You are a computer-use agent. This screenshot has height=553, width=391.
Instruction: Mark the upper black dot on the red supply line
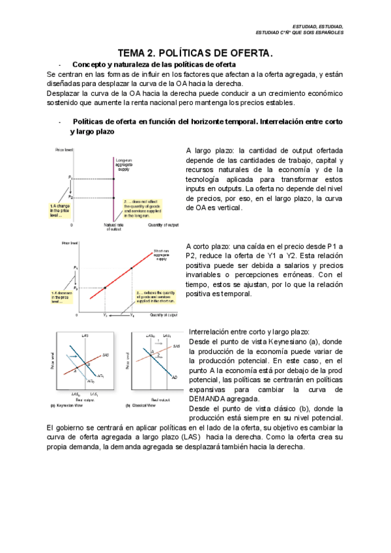(x=132, y=267)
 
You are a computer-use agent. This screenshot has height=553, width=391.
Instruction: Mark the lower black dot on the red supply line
(x=105, y=287)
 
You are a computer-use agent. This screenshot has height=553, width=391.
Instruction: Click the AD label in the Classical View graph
(x=174, y=377)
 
